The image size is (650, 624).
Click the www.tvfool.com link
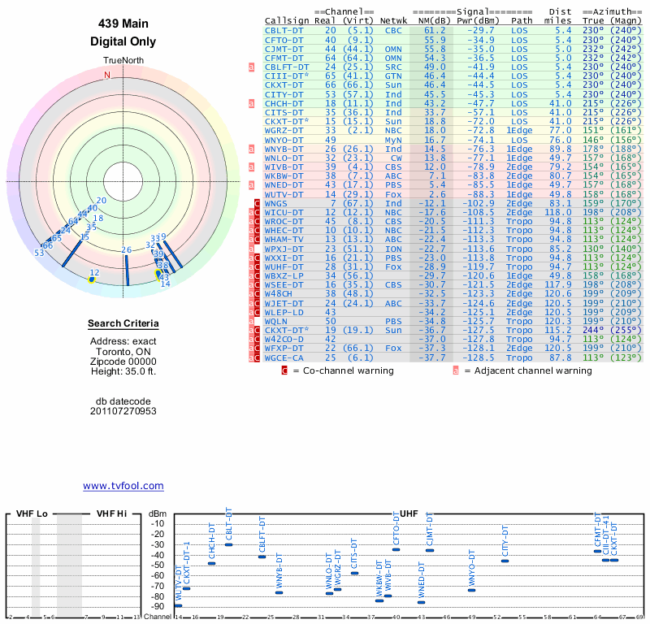123,486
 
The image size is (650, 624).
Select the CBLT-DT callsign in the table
285,30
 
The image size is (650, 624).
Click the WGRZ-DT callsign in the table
285,130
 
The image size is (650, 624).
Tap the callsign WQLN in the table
279,321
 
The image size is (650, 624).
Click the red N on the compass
106,75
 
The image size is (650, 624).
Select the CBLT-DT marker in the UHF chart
228,544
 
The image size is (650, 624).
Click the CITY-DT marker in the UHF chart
505,561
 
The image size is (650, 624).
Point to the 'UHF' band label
409,513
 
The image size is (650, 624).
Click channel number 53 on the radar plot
39,253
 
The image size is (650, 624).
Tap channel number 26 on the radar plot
126,249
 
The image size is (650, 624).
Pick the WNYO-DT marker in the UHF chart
472,590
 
